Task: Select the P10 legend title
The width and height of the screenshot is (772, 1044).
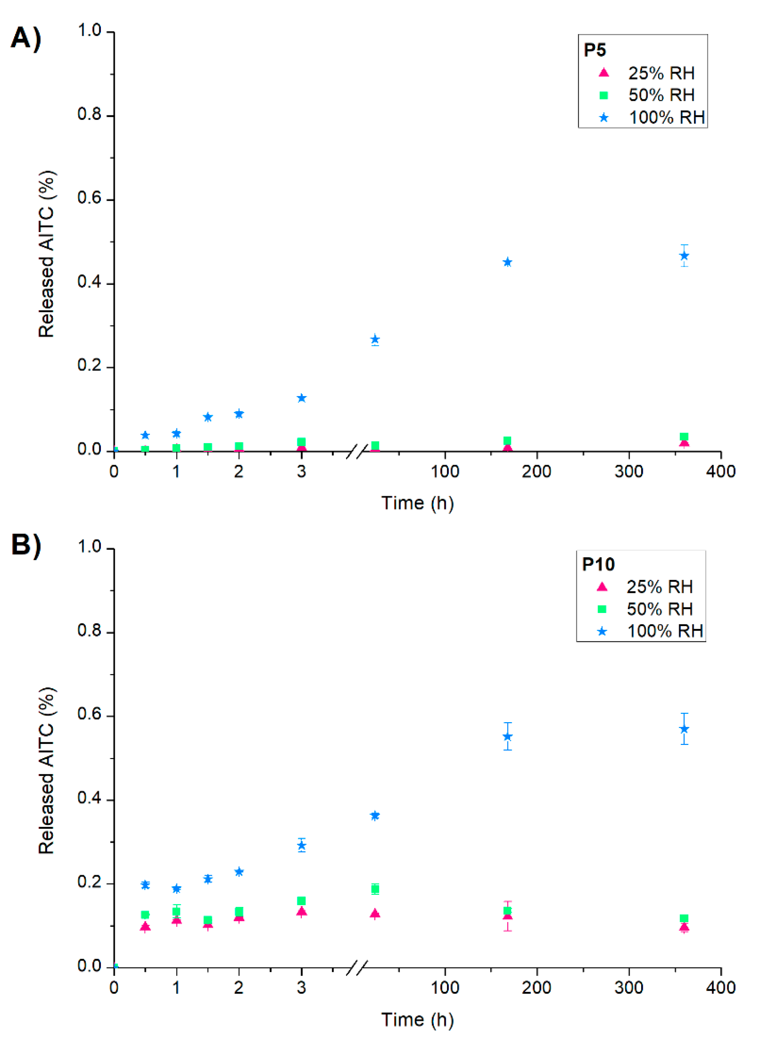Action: (x=598, y=564)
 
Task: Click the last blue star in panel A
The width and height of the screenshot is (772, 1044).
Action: (x=684, y=256)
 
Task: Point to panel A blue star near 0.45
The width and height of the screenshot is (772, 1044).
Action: (x=507, y=262)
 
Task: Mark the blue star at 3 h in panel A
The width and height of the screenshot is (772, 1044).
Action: (x=302, y=398)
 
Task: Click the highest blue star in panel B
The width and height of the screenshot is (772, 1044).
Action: (x=684, y=729)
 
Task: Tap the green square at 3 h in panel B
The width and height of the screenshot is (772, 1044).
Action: (x=302, y=901)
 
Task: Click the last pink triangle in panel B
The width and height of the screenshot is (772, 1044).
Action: (x=684, y=927)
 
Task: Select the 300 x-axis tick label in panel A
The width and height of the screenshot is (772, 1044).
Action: (x=629, y=472)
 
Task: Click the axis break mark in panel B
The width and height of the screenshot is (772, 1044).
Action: (x=356, y=968)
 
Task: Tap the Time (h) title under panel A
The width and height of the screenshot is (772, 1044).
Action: (x=417, y=504)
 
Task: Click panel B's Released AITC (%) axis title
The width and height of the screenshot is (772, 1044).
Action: (x=47, y=771)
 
